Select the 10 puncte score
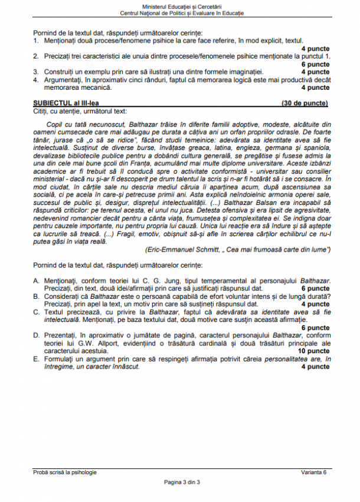(x=313, y=351)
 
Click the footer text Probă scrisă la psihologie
(x=66, y=472)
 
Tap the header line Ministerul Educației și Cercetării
(x=180, y=6)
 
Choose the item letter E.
(x=35, y=358)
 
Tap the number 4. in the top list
(x=35, y=80)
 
